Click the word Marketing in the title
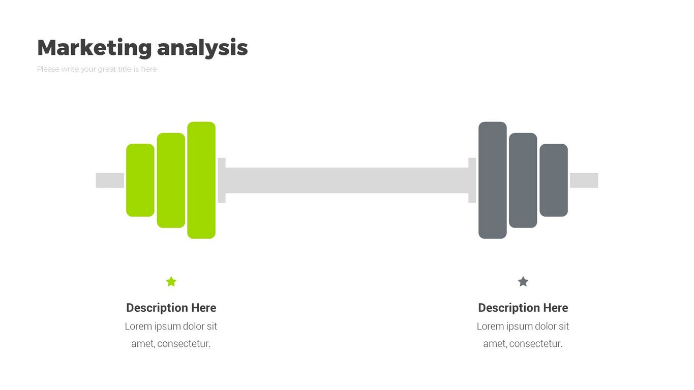[x=95, y=48]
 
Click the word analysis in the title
[x=202, y=48]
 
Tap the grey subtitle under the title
[x=97, y=69]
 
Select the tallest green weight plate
[x=201, y=180]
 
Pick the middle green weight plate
[x=171, y=180]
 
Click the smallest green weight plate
[x=140, y=180]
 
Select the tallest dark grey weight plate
[x=493, y=180]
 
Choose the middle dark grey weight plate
[x=523, y=180]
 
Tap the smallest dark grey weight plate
[x=554, y=180]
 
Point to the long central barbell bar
[x=347, y=180]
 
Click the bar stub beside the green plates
[x=110, y=180]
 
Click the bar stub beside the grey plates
[x=584, y=180]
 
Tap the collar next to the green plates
[x=222, y=180]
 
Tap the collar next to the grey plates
[x=472, y=180]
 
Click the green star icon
[x=171, y=282]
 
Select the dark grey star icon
[x=523, y=282]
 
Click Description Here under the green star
[x=171, y=308]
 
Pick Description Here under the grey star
[x=523, y=308]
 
